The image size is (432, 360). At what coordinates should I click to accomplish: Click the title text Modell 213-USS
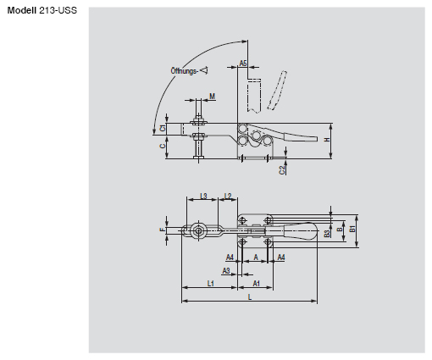(x=42, y=9)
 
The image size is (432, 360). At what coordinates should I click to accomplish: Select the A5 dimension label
(x=242, y=64)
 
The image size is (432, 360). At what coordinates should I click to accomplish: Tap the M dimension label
(x=211, y=97)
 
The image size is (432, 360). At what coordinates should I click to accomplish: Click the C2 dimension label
(x=282, y=169)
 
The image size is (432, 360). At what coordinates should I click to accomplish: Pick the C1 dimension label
(x=164, y=128)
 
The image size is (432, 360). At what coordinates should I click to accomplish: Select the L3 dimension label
(x=203, y=196)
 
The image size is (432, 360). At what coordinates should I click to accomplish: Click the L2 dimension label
(x=229, y=196)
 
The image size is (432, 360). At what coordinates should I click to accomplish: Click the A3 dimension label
(x=226, y=271)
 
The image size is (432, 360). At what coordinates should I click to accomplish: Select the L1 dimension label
(x=209, y=284)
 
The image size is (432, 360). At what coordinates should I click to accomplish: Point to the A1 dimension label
(x=257, y=284)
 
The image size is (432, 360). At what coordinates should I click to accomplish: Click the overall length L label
(x=249, y=296)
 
